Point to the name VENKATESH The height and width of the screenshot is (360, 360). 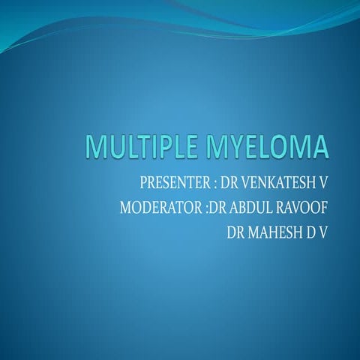coord(277,183)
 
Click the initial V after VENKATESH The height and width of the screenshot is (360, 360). coord(325,183)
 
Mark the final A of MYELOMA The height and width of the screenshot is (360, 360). coord(320,146)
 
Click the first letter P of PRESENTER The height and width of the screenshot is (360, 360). coord(143,183)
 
